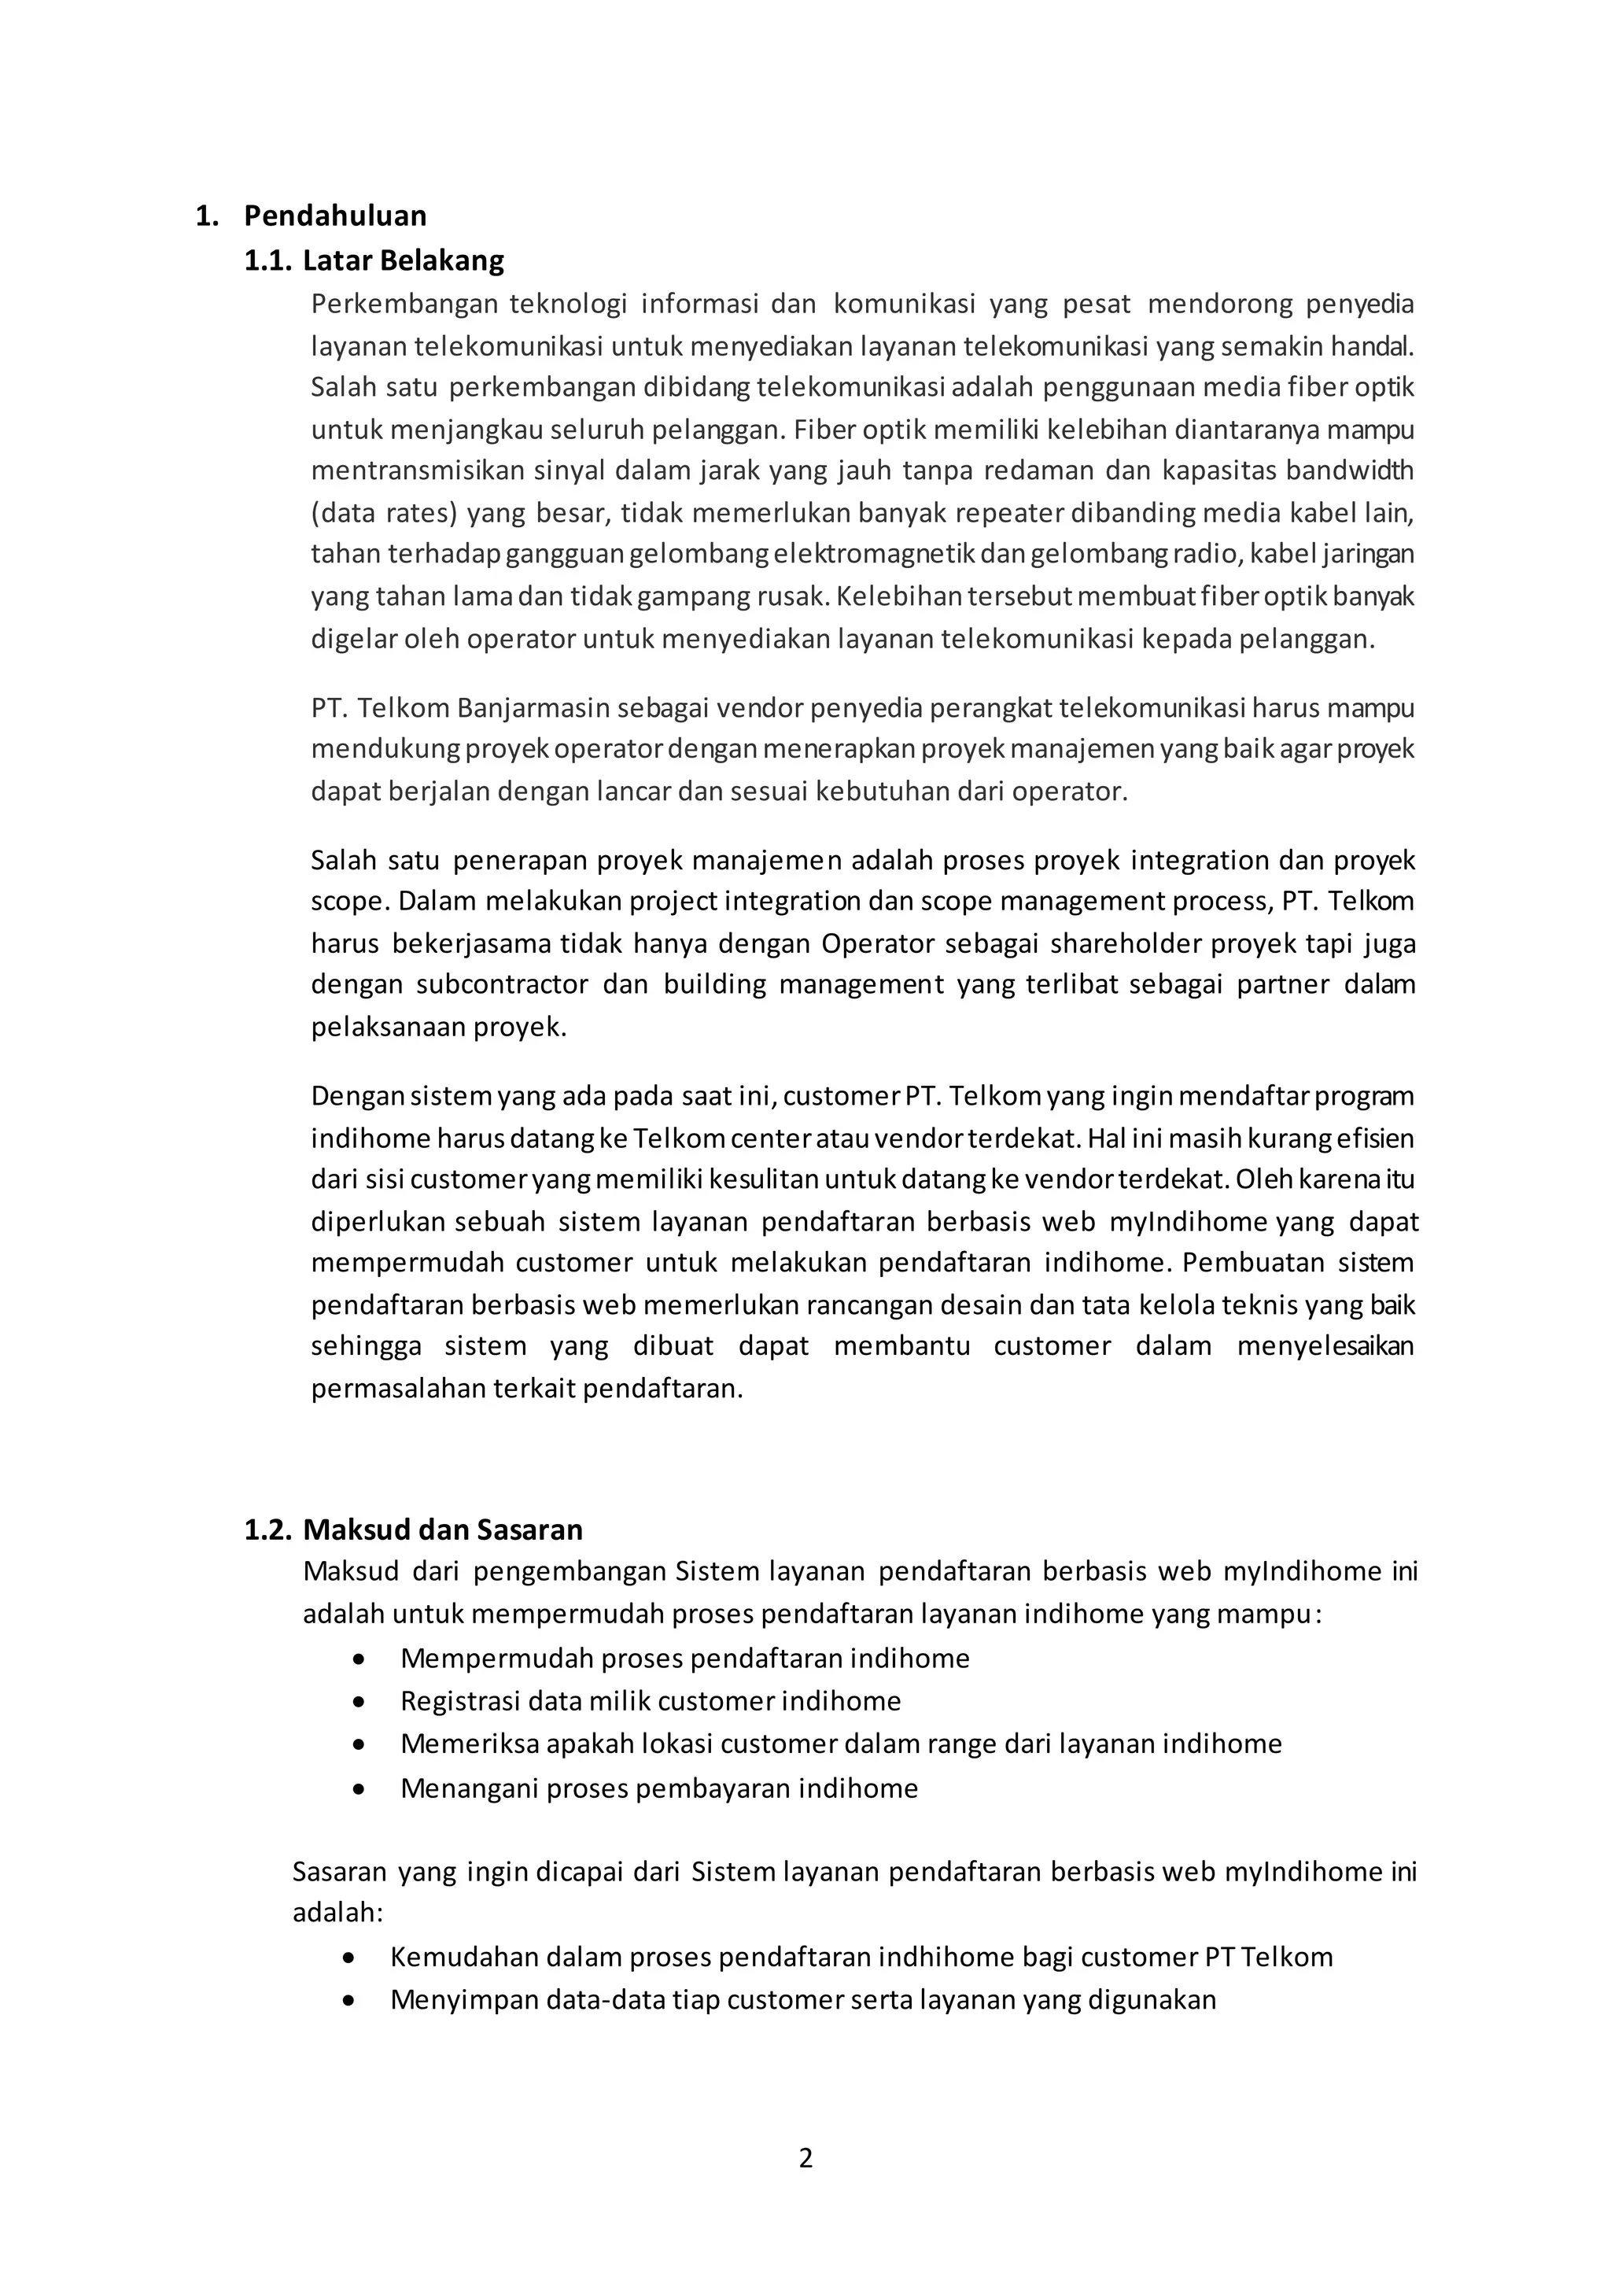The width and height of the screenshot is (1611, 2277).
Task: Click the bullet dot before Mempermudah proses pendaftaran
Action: (x=359, y=1659)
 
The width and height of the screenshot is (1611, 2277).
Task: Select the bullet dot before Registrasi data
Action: (x=359, y=1702)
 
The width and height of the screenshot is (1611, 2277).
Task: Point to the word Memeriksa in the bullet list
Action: (x=468, y=1744)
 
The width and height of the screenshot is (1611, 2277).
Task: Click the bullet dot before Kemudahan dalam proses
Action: (x=348, y=1958)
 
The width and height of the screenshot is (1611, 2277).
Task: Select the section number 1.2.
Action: (x=267, y=1529)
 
